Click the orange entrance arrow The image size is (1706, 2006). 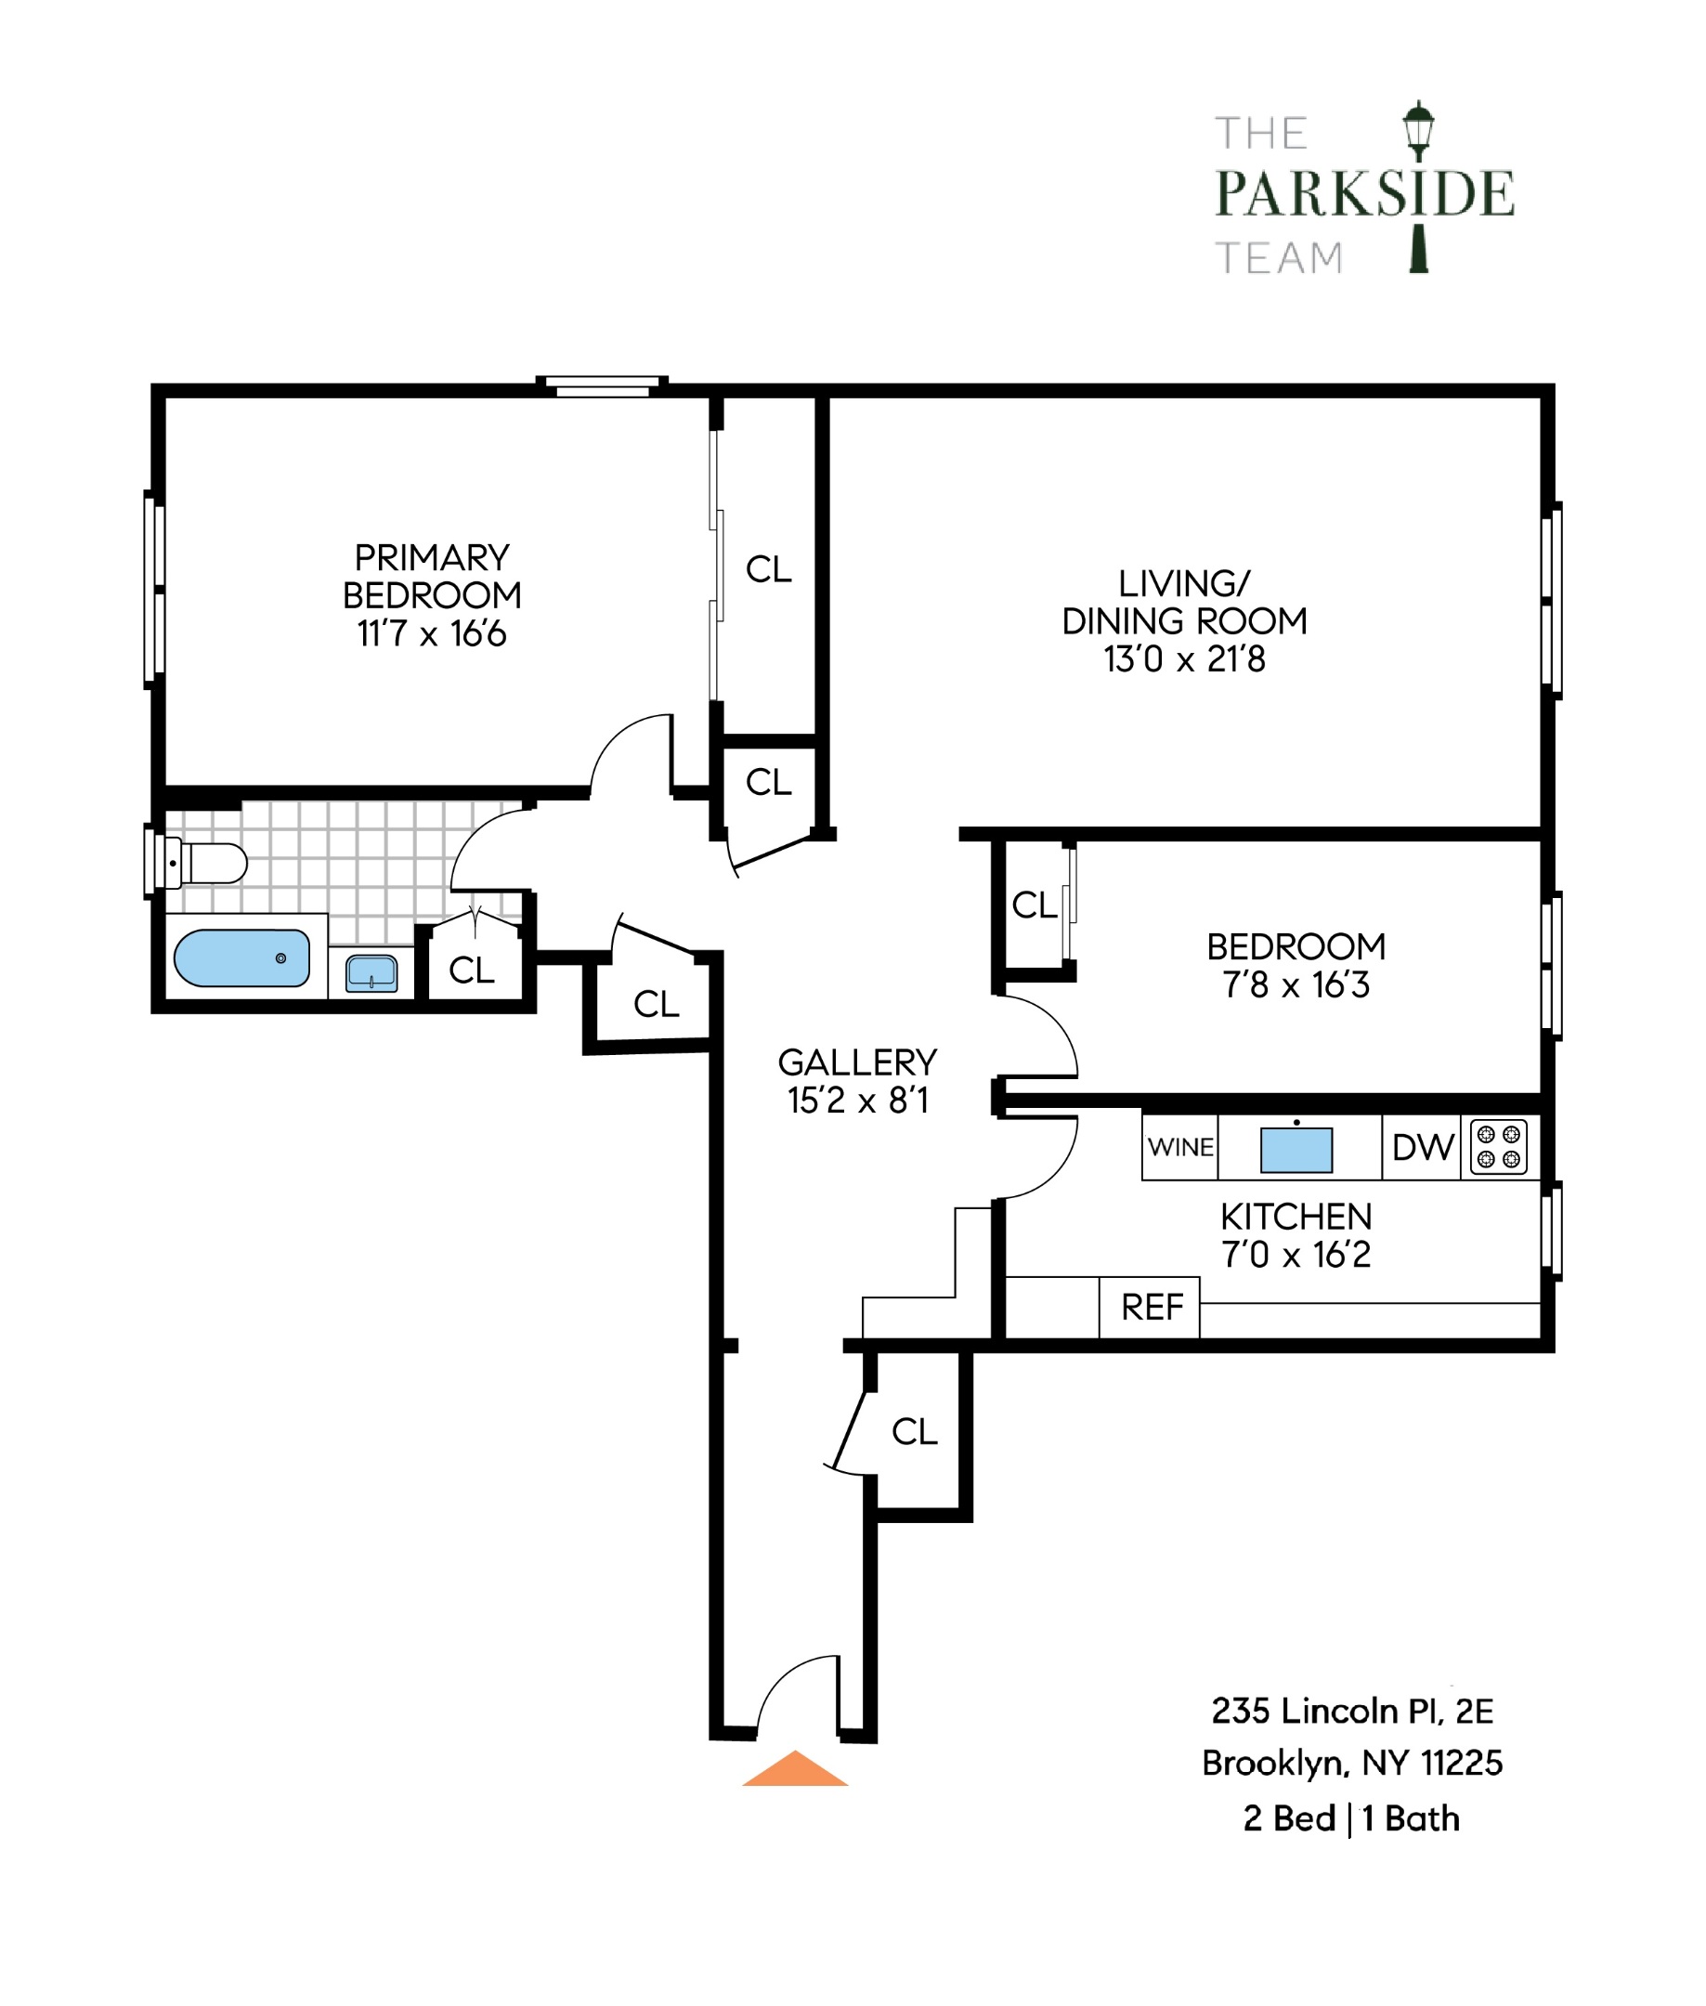[x=794, y=1770]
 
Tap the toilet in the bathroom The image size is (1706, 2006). [x=206, y=864]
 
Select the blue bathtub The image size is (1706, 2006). [x=241, y=958]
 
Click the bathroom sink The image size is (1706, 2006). [x=371, y=973]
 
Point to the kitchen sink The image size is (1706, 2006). [x=1296, y=1150]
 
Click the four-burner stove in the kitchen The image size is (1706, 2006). [x=1498, y=1147]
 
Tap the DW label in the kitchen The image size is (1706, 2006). [x=1422, y=1148]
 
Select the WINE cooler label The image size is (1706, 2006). [x=1179, y=1148]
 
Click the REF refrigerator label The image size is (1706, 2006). [x=1151, y=1308]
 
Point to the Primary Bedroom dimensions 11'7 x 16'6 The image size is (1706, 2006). [x=431, y=634]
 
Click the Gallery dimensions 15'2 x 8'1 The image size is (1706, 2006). [x=857, y=1101]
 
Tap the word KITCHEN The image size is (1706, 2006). [x=1295, y=1217]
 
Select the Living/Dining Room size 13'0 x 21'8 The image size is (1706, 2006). [x=1184, y=659]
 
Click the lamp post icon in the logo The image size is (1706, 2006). [x=1418, y=184]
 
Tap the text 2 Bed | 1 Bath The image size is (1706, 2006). [x=1350, y=1818]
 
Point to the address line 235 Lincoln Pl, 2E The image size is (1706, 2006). [x=1351, y=1711]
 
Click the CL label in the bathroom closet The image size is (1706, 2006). [x=471, y=970]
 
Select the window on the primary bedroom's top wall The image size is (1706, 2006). [x=602, y=386]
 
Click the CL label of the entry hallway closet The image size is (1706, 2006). [x=914, y=1431]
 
